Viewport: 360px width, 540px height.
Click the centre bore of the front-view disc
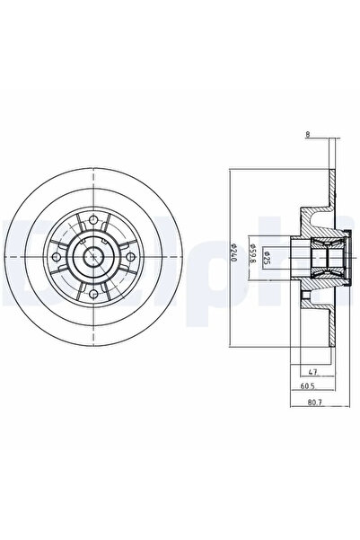[x=93, y=258]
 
